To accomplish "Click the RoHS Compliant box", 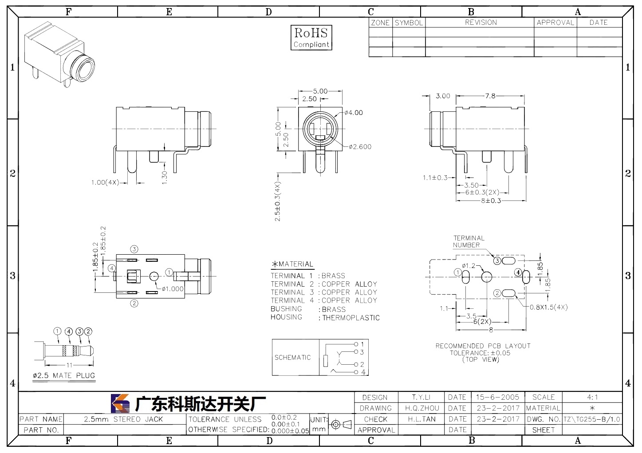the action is click(311, 38).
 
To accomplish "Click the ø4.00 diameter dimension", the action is click(353, 113).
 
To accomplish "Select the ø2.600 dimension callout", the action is click(360, 147).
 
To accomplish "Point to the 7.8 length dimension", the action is click(490, 96).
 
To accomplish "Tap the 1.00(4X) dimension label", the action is click(105, 182).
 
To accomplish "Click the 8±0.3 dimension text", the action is click(491, 201).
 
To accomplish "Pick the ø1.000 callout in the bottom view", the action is click(173, 289).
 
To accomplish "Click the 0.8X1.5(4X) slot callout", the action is click(548, 307).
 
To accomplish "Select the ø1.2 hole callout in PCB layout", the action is click(469, 266).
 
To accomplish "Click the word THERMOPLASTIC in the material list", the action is click(351, 318).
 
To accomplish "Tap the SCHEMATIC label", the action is click(292, 357).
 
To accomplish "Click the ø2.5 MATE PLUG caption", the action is click(64, 375).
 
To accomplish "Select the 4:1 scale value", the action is click(592, 397).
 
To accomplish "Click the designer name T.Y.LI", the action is click(421, 397).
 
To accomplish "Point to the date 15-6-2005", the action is click(497, 397).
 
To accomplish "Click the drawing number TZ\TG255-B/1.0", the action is click(592, 419).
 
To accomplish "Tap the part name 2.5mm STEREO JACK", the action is click(123, 419).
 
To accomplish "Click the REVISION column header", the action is click(481, 22).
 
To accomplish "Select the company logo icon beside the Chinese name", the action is click(120, 403).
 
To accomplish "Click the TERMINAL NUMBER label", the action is click(469, 241).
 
